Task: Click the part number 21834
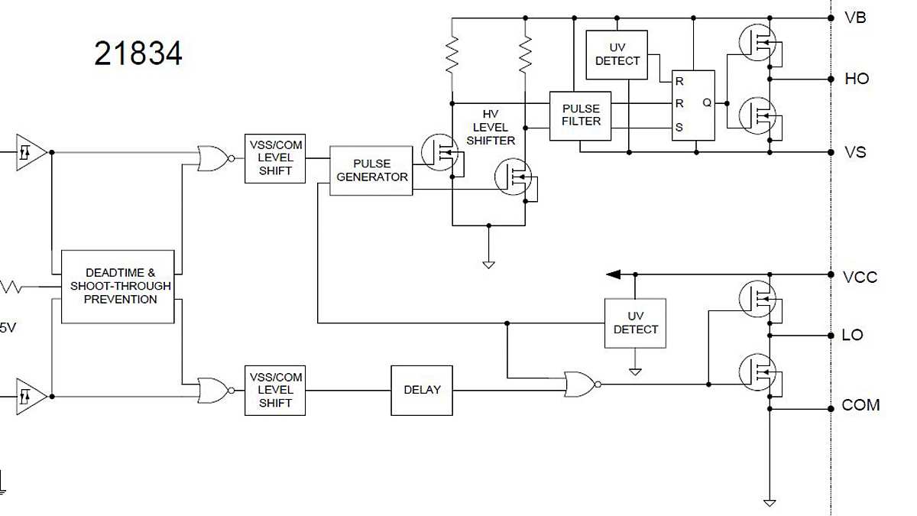[x=138, y=54]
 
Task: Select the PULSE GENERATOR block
[x=371, y=170]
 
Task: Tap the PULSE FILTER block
[x=581, y=115]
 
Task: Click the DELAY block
[x=422, y=390]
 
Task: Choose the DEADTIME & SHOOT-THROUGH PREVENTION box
[x=118, y=286]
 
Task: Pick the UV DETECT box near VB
[x=617, y=55]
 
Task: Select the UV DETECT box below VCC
[x=635, y=323]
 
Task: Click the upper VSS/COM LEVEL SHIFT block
[x=275, y=158]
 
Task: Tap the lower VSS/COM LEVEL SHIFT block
[x=275, y=390]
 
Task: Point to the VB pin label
[x=855, y=18]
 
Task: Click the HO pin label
[x=857, y=79]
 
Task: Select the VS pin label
[x=855, y=152]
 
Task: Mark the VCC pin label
[x=860, y=277]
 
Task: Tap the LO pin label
[x=852, y=335]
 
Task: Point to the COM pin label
[x=860, y=405]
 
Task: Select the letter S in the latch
[x=679, y=128]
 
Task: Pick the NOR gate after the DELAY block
[x=581, y=384]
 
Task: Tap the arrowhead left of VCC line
[x=613, y=274]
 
